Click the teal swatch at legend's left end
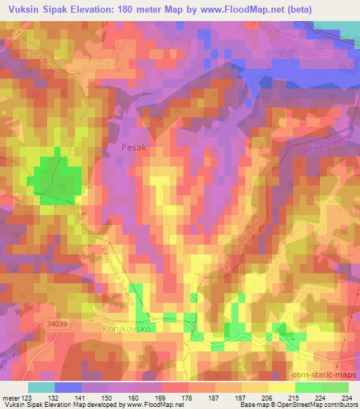point(41,387)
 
